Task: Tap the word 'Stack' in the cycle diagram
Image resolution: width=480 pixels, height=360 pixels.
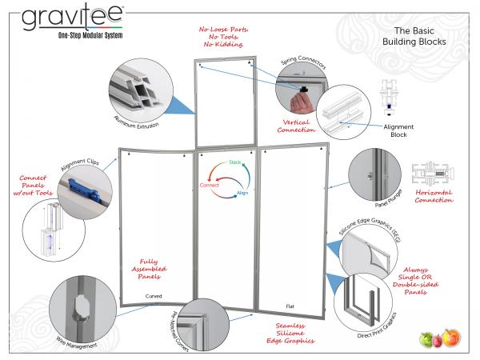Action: click(235, 162)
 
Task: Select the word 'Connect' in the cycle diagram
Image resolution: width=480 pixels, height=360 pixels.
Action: click(210, 185)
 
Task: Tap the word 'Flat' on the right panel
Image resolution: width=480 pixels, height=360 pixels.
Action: click(290, 306)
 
